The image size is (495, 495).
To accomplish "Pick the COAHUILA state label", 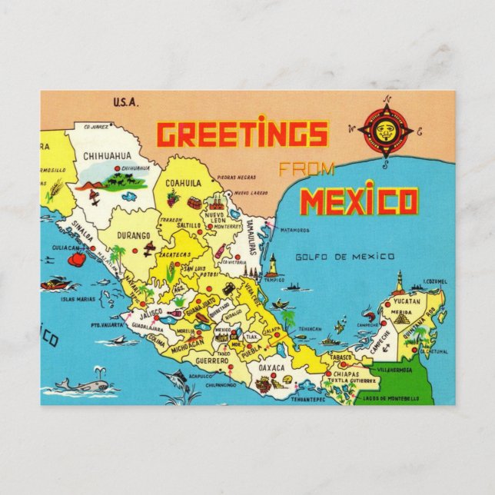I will point(182,183).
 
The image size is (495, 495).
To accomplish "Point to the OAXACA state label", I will point(271,368).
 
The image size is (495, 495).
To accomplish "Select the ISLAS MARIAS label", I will point(78,297).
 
